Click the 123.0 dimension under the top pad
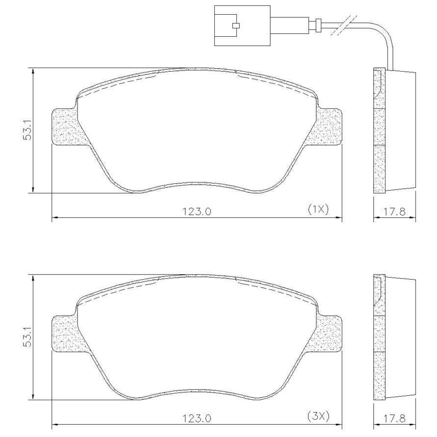pos(197,211)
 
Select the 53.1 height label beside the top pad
pos(28,130)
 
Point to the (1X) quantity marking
pos(318,209)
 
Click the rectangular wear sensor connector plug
pos(242,26)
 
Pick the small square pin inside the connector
pos(236,26)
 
